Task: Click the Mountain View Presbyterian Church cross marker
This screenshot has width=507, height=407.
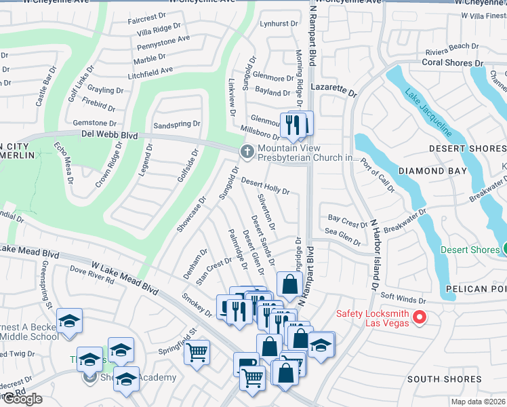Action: point(247,151)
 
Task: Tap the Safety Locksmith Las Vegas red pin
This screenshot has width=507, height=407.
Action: point(419,317)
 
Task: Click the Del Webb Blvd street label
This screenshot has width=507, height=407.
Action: point(110,135)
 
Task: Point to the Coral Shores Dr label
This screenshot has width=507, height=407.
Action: point(452,63)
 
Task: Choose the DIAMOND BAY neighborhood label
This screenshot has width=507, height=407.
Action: point(432,171)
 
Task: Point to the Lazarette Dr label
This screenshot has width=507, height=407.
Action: point(333,89)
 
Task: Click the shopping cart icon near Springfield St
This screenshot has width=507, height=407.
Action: point(197,353)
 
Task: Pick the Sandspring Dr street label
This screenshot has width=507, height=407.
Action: point(177,125)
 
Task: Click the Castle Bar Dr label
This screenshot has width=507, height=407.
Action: point(43,89)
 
